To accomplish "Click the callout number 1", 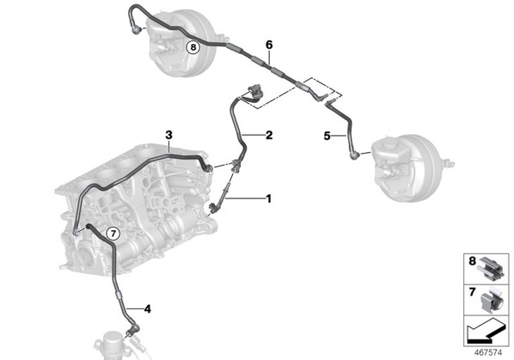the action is coord(268,198).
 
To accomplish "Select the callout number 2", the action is coord(269,135).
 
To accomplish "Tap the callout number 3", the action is coord(168,135).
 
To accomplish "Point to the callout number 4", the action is coord(148,308).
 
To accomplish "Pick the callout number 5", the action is coord(327,136).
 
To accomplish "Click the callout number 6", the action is coord(269,45).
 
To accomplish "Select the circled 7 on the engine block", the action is coord(113,234).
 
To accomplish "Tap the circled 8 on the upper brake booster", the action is coord(193,47).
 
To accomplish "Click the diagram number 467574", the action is coord(488,352).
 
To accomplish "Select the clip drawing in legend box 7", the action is coord(492,301).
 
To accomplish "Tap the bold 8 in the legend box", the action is coord(472,261).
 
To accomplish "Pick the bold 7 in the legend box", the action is coord(472,292).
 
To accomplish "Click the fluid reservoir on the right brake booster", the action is coord(391,151).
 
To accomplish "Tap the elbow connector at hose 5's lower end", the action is coord(354,155).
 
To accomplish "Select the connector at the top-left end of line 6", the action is coord(136,29).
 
